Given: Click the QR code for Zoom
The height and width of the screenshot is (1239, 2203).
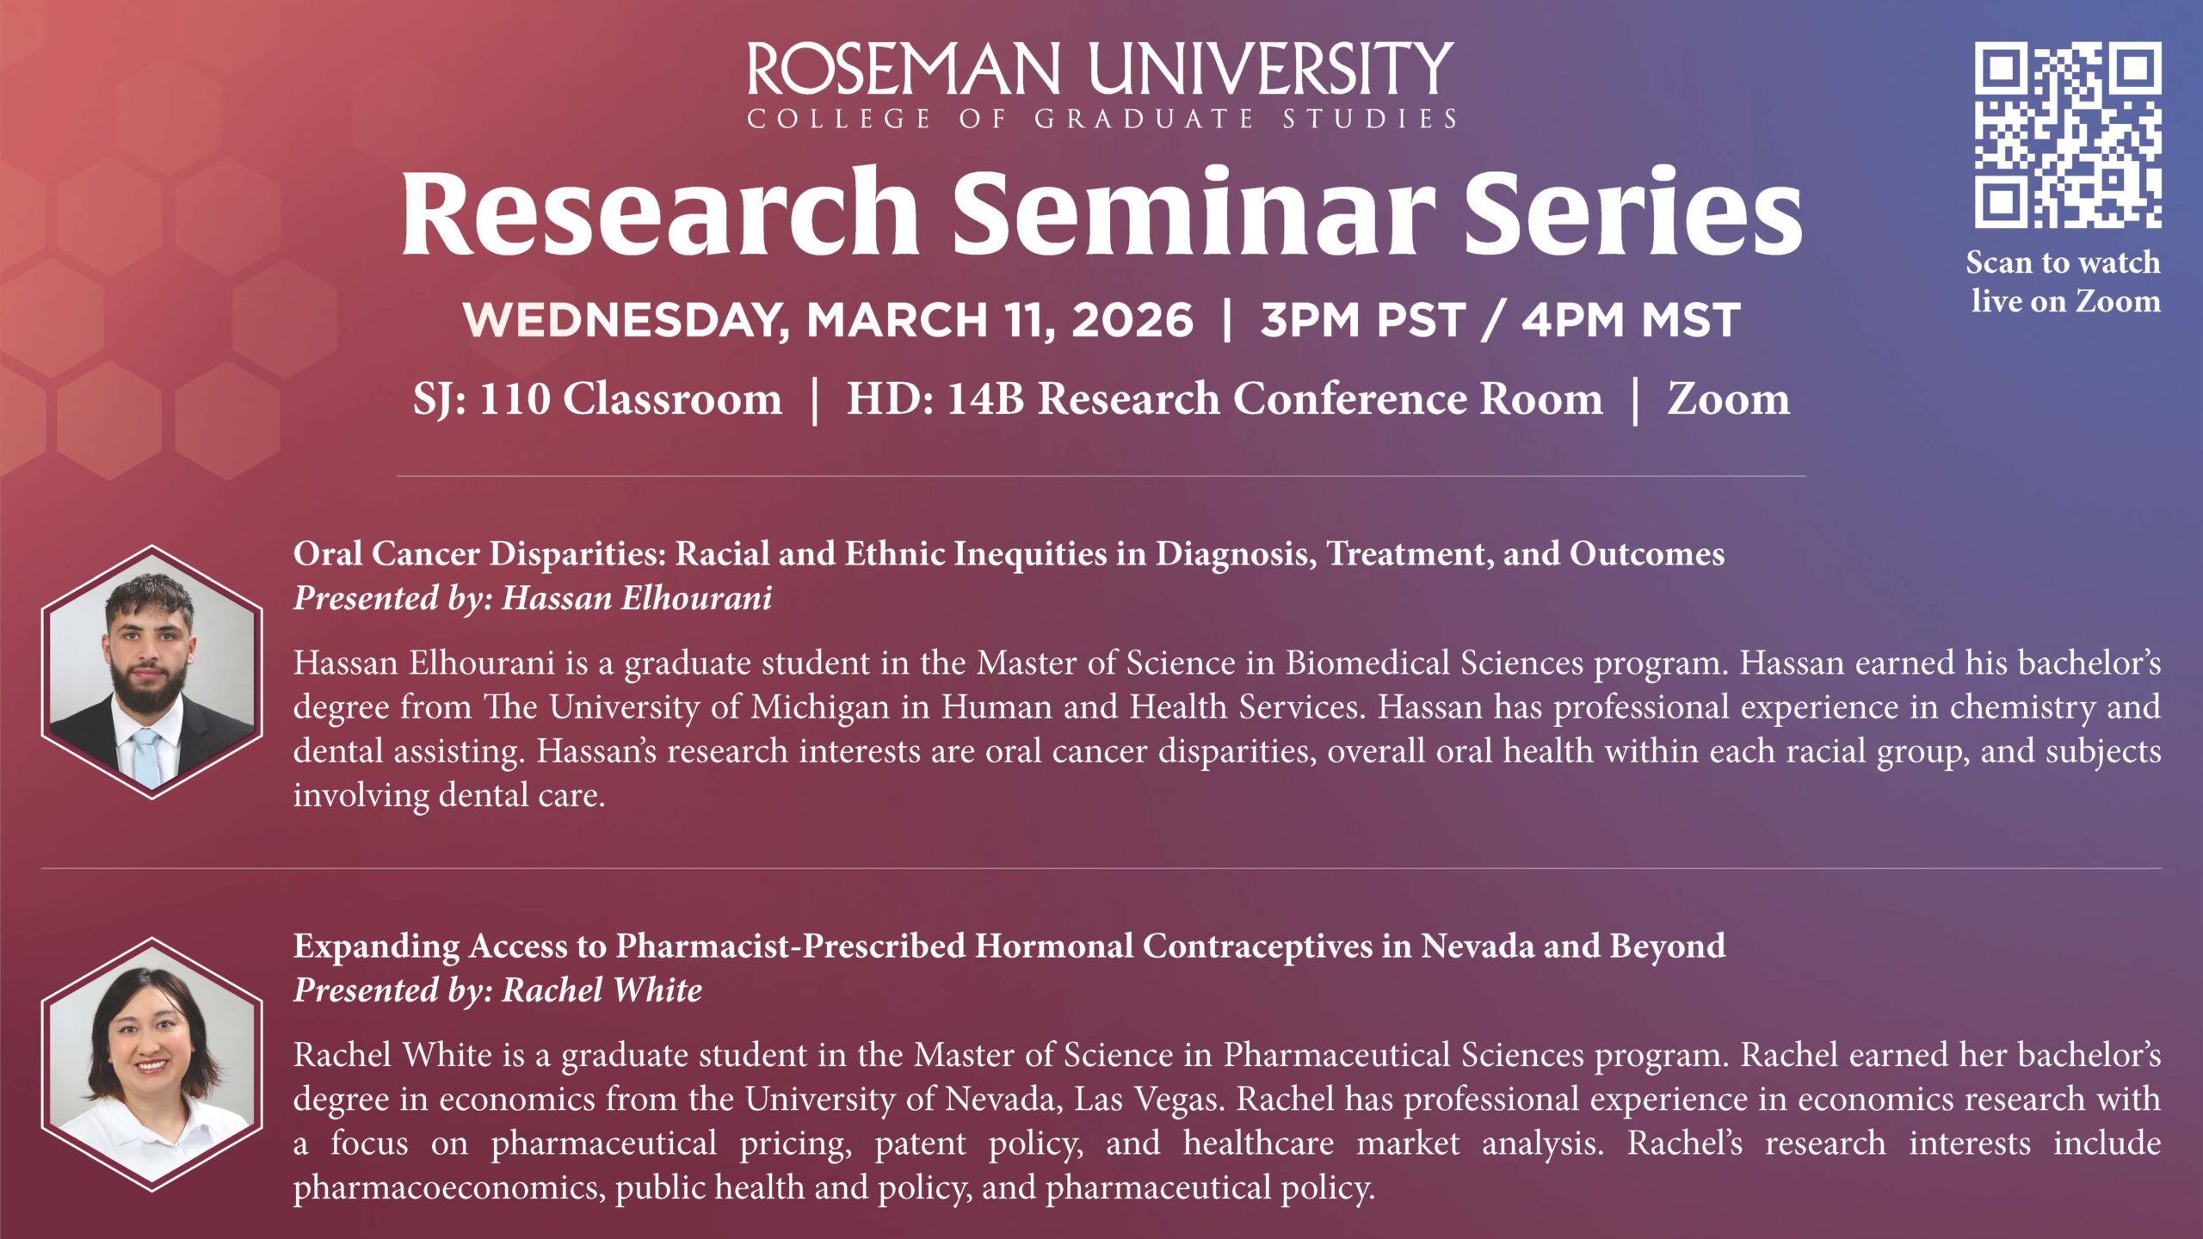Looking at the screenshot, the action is [2068, 135].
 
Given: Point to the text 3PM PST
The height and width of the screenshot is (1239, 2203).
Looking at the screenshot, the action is [1363, 320].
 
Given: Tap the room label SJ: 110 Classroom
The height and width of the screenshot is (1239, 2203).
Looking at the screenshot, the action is [597, 399].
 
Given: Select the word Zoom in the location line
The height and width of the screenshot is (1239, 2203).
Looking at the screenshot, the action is [1728, 399].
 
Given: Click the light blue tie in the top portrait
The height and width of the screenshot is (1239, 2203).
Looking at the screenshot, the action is [147, 757].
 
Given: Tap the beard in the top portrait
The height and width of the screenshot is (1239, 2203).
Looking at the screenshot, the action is [148, 684].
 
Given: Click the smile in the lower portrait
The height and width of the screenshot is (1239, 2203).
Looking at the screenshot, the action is [151, 1065].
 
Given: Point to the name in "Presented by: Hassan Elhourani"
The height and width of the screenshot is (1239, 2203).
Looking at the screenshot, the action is [637, 598].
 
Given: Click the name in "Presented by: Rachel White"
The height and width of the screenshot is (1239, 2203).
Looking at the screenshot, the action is [602, 990].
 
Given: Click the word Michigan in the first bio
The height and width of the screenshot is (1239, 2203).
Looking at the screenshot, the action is [820, 707].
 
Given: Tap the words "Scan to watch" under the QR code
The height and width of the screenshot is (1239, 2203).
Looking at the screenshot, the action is [2064, 262].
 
